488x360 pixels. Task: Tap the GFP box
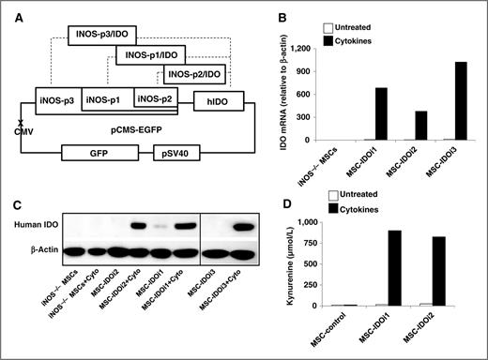coord(93,151)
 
